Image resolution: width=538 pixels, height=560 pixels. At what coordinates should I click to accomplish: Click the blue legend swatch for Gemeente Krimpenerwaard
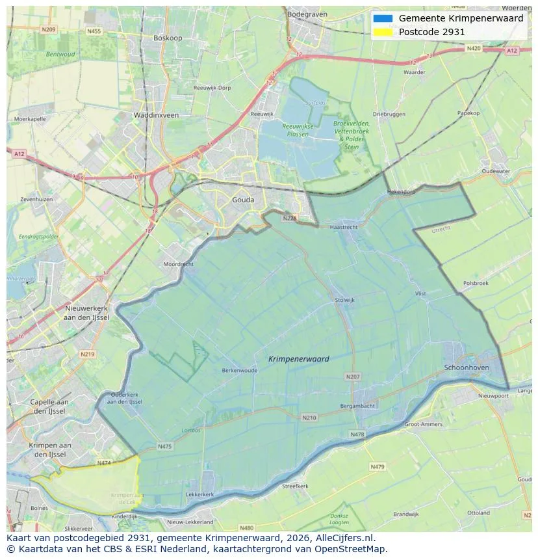tap(383, 18)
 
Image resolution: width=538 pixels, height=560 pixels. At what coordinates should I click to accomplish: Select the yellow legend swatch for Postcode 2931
tap(383, 32)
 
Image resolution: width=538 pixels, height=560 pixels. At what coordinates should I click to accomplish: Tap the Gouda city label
tap(243, 200)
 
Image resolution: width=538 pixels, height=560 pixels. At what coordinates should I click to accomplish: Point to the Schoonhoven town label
tap(467, 367)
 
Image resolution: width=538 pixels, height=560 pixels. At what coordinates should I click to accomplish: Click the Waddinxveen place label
tap(156, 115)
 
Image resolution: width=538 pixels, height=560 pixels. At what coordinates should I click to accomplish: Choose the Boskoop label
tap(168, 38)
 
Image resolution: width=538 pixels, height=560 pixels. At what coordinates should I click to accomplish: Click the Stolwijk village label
tap(345, 300)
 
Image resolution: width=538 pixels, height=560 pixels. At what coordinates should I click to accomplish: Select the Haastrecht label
tap(344, 228)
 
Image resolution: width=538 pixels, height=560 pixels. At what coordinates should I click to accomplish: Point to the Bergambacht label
tap(357, 406)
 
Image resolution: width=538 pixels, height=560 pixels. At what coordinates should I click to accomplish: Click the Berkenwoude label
tap(240, 370)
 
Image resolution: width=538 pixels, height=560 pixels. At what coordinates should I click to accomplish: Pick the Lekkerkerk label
tap(200, 494)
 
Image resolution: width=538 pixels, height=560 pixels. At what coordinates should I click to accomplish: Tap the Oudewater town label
tap(496, 171)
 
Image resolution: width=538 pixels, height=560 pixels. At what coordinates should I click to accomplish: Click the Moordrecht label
tap(179, 265)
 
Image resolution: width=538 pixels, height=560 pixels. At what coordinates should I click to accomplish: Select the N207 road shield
tap(353, 377)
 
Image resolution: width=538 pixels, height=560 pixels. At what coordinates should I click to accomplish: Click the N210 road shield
tap(309, 418)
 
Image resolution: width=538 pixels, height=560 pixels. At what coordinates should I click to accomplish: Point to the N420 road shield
tap(474, 49)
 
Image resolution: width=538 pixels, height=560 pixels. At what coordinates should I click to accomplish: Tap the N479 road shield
tap(378, 466)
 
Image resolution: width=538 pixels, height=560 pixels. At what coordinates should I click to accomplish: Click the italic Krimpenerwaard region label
tap(298, 358)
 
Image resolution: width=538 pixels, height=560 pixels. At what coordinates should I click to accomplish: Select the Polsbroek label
tap(476, 284)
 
